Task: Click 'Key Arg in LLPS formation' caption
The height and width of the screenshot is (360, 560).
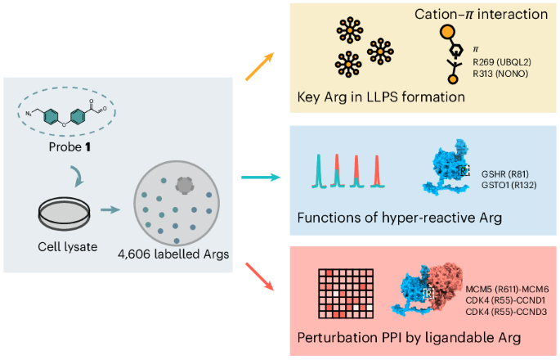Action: pyautogui.click(x=381, y=98)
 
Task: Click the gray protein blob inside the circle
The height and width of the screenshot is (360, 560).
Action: pyautogui.click(x=187, y=186)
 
